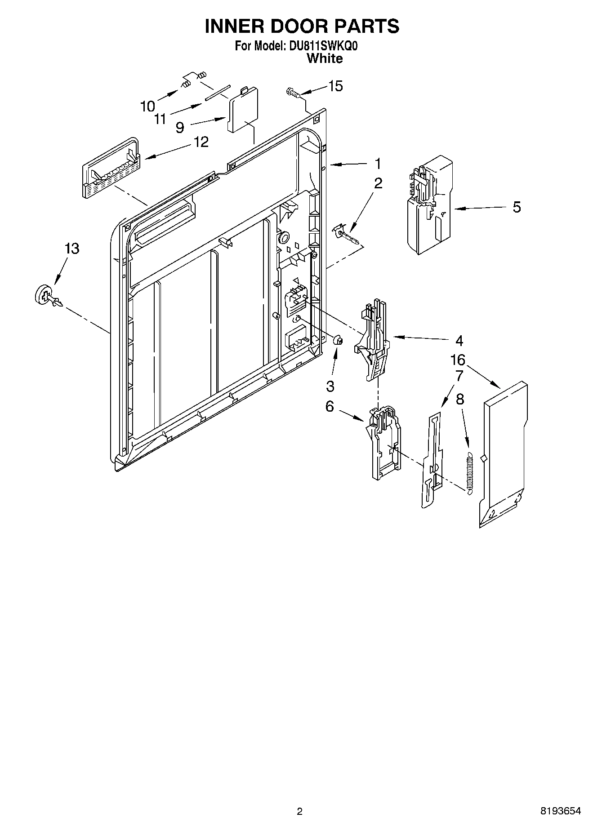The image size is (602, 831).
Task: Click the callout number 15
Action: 335,86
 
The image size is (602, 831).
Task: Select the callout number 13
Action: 72,248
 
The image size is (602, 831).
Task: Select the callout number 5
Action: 517,207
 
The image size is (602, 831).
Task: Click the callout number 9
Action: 179,128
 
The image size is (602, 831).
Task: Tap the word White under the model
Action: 324,58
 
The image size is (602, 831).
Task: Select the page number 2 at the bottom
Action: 300,811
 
